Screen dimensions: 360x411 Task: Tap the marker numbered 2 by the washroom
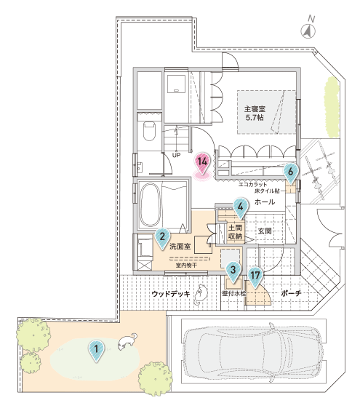pos(162,238)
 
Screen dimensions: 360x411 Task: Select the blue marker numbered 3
pos(233,271)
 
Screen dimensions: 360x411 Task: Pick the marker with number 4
pos(240,208)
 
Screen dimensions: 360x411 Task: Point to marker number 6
pos(290,173)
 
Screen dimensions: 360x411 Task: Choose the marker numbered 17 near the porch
pos(255,277)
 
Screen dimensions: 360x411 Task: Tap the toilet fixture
pos(150,132)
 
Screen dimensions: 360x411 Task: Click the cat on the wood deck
pos(201,295)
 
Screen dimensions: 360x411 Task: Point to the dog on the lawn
pos(127,342)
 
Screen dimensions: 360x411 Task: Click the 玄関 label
pos(265,231)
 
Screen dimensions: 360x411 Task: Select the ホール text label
pos(265,201)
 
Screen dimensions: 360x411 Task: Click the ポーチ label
pos(291,293)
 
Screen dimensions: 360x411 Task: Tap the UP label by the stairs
pos(176,155)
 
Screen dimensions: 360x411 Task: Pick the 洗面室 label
pos(180,247)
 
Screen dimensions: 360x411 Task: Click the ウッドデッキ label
pos(171,294)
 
